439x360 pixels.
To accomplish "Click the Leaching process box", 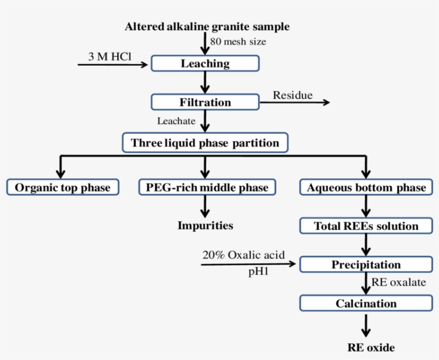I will pyautogui.click(x=205, y=64).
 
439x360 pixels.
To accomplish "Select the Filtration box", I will pyautogui.click(x=205, y=102).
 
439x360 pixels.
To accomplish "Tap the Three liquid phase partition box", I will pyautogui.click(x=205, y=143).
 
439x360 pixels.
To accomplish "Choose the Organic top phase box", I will pyautogui.click(x=63, y=187).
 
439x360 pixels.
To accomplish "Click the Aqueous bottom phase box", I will pyautogui.click(x=366, y=187).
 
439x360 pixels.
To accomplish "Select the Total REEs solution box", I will pyautogui.click(x=366, y=226).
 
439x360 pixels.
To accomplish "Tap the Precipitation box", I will pyautogui.click(x=366, y=265).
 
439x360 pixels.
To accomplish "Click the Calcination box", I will pyautogui.click(x=366, y=303).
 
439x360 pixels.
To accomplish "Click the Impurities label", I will pyautogui.click(x=206, y=225).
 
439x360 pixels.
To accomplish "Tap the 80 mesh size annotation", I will pyautogui.click(x=238, y=41).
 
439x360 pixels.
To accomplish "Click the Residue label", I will pyautogui.click(x=293, y=95).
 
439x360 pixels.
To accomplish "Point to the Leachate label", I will pyautogui.click(x=176, y=121).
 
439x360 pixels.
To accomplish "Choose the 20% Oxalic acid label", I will pyautogui.click(x=244, y=255).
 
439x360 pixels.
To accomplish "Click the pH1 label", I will pyautogui.click(x=258, y=272).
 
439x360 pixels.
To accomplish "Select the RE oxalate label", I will pyautogui.click(x=399, y=282).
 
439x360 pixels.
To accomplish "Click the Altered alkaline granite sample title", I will pyautogui.click(x=207, y=26).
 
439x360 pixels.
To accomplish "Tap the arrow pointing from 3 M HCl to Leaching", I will pyautogui.click(x=112, y=65).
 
